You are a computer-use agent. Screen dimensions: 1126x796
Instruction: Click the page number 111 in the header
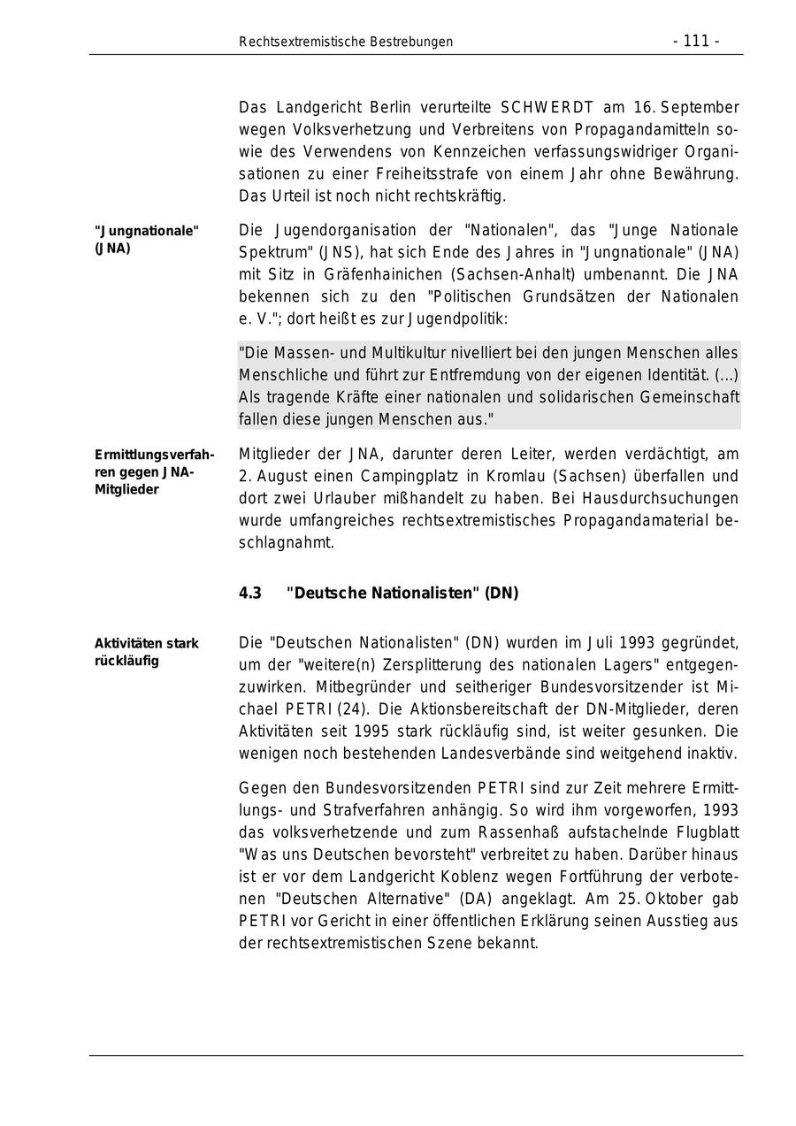click(696, 42)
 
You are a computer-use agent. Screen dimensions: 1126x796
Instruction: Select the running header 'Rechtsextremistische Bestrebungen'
click(346, 42)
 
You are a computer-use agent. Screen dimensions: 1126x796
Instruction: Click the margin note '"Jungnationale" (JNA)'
click(146, 240)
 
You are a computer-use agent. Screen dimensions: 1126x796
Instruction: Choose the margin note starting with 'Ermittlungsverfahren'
click(154, 472)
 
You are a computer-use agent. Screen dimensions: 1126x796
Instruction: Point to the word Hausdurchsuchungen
click(667, 498)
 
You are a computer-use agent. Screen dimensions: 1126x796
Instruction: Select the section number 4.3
click(250, 594)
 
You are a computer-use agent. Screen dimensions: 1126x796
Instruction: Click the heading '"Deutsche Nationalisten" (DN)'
click(402, 594)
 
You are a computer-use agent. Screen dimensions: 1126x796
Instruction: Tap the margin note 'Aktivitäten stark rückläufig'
click(146, 652)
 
